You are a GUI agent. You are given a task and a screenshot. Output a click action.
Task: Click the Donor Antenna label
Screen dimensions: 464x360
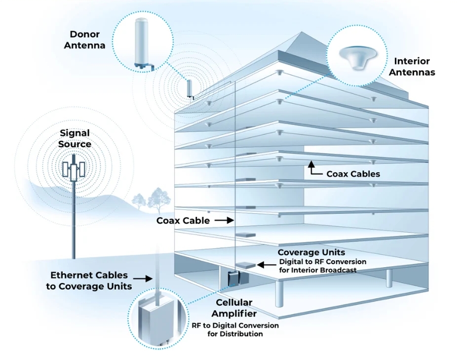pos(84,40)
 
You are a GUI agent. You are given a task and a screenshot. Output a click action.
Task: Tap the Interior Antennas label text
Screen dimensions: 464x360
pos(412,67)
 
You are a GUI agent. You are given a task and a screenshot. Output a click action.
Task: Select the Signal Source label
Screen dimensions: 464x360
pos(75,139)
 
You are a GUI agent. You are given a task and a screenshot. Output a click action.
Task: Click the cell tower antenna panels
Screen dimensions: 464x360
pos(74,170)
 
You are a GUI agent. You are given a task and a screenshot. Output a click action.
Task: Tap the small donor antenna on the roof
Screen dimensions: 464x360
pos(190,88)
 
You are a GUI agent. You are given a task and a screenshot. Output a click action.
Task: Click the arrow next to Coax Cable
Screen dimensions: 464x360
pos(224,220)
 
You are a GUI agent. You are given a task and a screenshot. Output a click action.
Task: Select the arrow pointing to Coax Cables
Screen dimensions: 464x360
pos(315,169)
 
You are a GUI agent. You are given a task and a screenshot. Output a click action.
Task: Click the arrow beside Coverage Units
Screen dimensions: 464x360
pos(266,265)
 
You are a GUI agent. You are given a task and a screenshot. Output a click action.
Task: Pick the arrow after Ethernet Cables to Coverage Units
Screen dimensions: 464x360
pos(143,279)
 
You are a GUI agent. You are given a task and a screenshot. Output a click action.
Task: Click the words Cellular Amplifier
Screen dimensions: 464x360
pos(234,308)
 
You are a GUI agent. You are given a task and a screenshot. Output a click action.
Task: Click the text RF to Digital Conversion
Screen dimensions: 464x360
pos(235,325)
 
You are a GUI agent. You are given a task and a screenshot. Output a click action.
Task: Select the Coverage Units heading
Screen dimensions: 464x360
pos(311,252)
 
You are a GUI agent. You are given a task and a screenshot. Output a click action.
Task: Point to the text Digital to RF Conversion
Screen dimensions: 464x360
pos(322,262)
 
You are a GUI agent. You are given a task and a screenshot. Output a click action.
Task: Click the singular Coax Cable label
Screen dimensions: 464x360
pos(183,221)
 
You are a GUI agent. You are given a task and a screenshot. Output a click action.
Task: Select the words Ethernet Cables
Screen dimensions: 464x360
pos(89,275)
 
